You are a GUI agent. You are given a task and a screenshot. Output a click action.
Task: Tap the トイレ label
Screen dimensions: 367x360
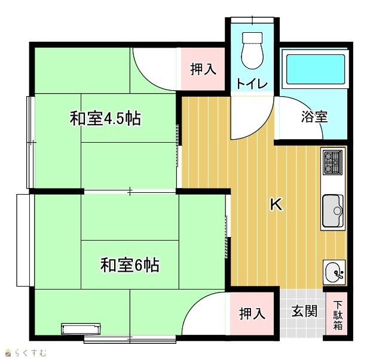252,83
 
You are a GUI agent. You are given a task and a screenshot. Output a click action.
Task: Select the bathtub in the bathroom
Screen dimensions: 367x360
315,69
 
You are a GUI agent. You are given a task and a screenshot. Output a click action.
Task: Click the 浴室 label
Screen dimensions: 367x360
314,116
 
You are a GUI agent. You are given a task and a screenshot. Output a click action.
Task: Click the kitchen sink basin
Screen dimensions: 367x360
333,211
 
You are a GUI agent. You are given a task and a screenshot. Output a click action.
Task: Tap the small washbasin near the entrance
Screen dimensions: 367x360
334,272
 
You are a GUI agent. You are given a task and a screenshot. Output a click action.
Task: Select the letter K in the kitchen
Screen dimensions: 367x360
276,204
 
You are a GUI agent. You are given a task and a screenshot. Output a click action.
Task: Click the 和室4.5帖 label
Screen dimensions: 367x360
105,119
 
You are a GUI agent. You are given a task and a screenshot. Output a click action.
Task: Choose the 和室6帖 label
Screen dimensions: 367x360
130,265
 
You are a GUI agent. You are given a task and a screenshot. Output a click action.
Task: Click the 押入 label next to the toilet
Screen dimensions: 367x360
203,69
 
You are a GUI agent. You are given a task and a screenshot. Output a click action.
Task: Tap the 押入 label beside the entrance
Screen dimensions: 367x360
252,313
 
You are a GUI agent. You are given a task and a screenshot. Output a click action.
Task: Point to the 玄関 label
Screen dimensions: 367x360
304,311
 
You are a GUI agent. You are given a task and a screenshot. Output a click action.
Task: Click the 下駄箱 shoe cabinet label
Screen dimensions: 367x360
338,315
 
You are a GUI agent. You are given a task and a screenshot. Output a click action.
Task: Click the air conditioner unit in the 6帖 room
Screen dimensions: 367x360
81,329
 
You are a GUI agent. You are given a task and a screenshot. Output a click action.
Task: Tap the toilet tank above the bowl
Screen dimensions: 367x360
252,38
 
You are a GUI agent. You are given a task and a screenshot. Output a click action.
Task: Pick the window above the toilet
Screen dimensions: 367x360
252,20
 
